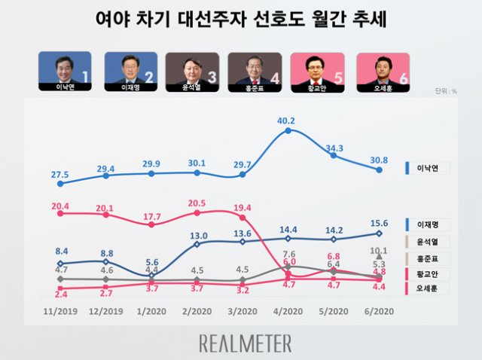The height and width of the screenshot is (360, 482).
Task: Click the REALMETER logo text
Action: [x=246, y=343]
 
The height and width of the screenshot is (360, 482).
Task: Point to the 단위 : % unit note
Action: [x=446, y=91]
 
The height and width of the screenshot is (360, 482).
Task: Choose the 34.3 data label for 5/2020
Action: [x=333, y=148]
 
